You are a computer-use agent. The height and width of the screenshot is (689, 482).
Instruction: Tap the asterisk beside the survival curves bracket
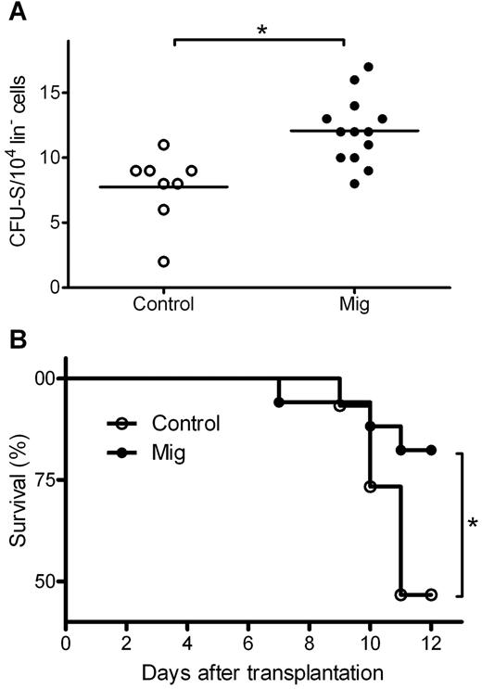tap(472, 525)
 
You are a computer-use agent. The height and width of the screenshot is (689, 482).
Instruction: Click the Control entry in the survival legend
tap(186, 424)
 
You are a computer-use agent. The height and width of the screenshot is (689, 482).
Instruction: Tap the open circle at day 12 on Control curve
tap(431, 594)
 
